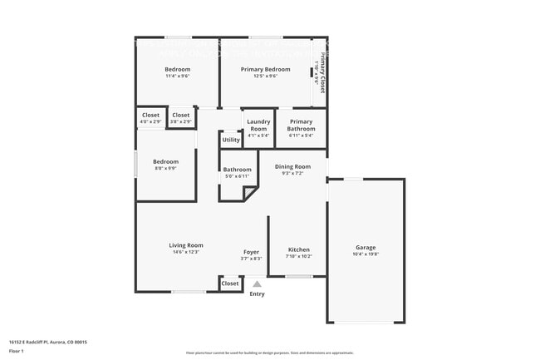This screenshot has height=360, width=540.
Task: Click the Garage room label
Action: point(366,247)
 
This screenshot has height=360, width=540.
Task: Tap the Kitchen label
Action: point(298,249)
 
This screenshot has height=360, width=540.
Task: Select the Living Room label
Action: point(186,245)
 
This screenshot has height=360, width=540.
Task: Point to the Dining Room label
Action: point(292,166)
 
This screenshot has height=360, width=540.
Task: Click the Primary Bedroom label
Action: point(266,69)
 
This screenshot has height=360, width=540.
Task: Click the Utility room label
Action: point(231,140)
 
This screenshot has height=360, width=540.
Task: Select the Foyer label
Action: point(251,252)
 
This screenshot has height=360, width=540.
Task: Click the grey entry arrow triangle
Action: point(257,284)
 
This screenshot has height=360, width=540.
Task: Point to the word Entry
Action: point(257,293)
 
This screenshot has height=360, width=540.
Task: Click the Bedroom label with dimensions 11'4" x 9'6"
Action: point(177,69)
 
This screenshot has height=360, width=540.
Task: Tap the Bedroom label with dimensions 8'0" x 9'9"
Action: point(165,161)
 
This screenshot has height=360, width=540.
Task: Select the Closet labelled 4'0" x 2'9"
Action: point(150,115)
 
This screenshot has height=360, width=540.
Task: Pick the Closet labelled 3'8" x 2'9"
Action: point(180,115)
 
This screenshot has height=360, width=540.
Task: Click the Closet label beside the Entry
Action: point(230,284)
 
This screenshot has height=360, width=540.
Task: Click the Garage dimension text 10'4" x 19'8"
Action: point(366,254)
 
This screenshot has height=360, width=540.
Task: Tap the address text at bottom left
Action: point(47,341)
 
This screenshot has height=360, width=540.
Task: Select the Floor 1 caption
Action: point(17,351)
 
